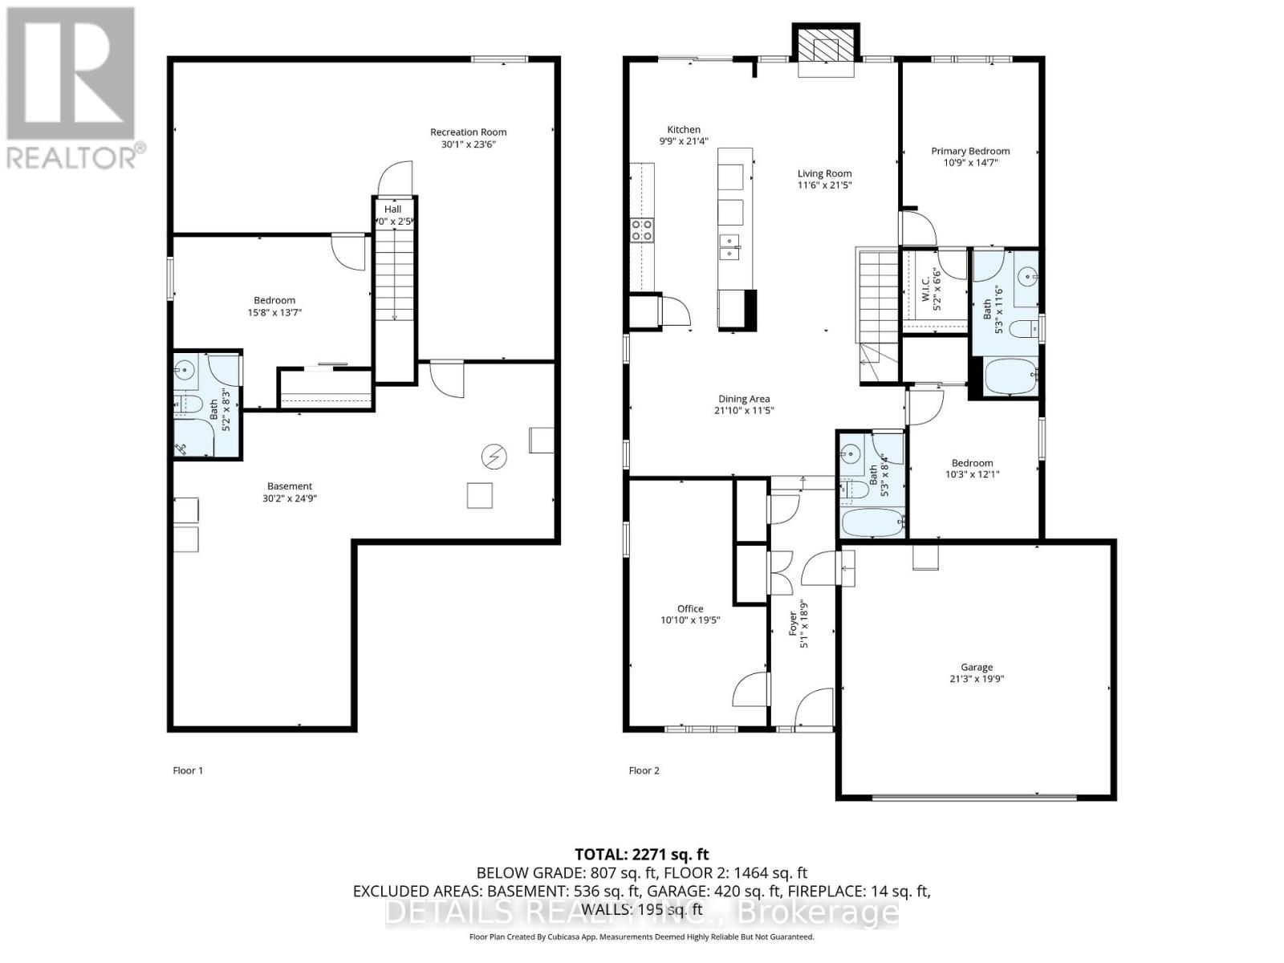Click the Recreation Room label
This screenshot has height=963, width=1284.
click(468, 132)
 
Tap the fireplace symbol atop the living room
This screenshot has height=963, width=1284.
click(826, 50)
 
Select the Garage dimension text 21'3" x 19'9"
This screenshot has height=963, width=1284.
click(977, 679)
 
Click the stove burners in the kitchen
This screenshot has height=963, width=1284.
click(642, 230)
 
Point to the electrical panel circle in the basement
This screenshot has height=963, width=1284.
click(494, 457)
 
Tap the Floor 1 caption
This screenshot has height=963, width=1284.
click(188, 770)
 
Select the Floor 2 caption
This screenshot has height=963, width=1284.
click(644, 770)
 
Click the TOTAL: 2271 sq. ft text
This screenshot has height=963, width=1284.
click(641, 855)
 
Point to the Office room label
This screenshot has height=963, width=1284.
click(689, 609)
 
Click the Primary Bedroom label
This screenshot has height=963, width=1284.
click(970, 151)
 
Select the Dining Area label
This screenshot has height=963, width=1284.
click(744, 399)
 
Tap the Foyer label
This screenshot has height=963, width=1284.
click(794, 624)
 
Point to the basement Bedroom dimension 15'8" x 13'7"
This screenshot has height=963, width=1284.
click(274, 313)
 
